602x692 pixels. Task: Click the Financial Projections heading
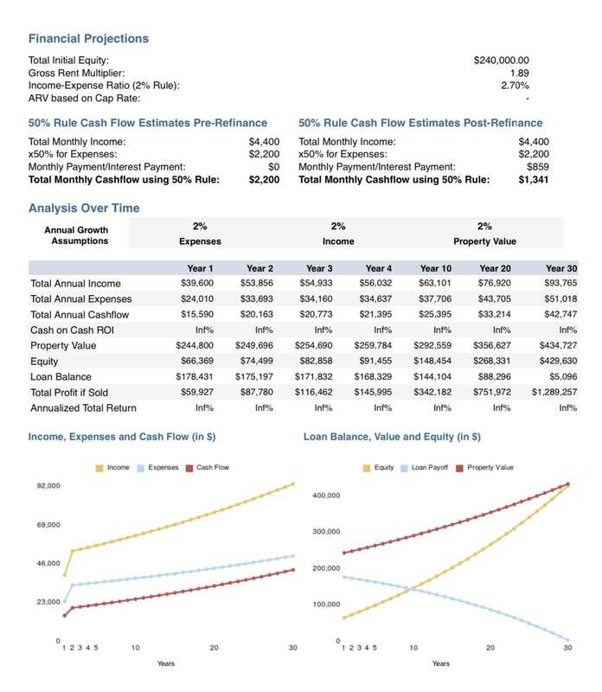pyautogui.click(x=88, y=39)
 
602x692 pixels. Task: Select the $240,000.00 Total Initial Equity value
pyautogui.click(x=501, y=60)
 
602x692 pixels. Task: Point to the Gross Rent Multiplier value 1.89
pyautogui.click(x=520, y=73)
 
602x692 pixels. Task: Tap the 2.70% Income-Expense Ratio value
pyautogui.click(x=515, y=85)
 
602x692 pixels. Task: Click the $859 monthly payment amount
pyautogui.click(x=538, y=167)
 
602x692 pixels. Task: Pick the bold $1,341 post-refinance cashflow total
pyautogui.click(x=533, y=180)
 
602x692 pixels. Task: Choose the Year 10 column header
pyautogui.click(x=436, y=268)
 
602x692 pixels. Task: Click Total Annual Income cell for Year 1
pyautogui.click(x=197, y=283)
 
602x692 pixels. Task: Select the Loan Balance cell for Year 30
pyautogui.click(x=563, y=376)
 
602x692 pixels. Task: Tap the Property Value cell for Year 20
pyautogui.click(x=491, y=345)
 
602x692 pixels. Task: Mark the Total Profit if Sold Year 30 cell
pyautogui.click(x=554, y=392)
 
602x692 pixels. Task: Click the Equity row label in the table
pyautogui.click(x=44, y=362)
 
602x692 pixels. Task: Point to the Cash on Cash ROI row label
pyautogui.click(x=72, y=330)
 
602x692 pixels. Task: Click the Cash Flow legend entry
pyautogui.click(x=208, y=467)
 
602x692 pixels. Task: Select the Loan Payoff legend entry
pyautogui.click(x=424, y=467)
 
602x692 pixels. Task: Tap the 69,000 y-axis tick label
pyautogui.click(x=48, y=525)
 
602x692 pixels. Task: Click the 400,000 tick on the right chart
pyautogui.click(x=326, y=496)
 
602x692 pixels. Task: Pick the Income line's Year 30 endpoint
pyautogui.click(x=292, y=484)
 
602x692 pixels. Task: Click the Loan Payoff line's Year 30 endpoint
pyautogui.click(x=567, y=639)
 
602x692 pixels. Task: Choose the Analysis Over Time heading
pyautogui.click(x=84, y=208)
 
